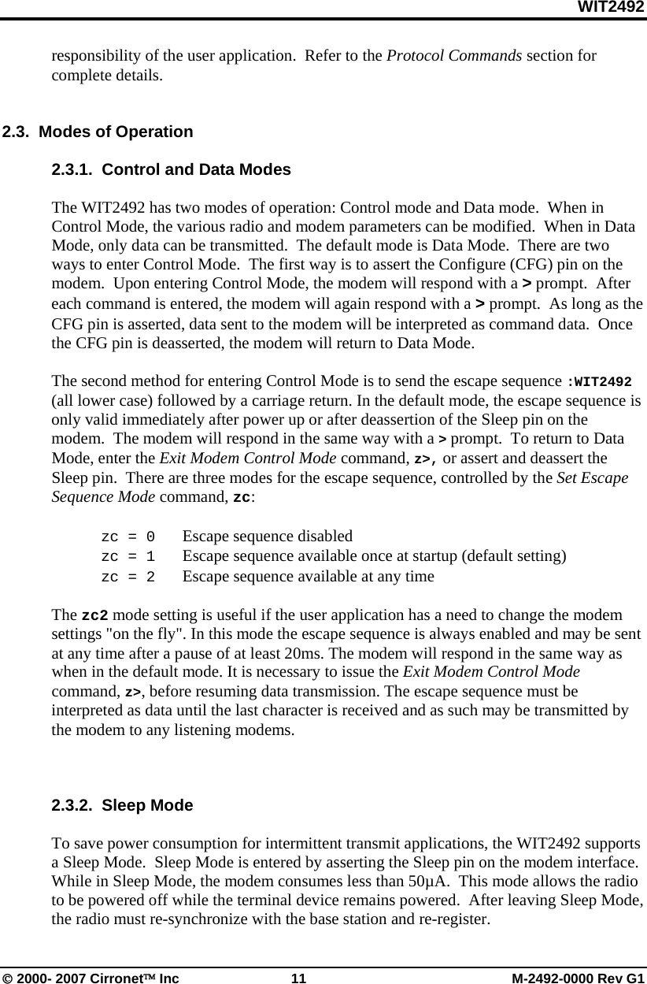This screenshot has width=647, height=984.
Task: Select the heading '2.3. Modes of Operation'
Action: point(98,132)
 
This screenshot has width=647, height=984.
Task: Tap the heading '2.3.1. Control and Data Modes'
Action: point(171,169)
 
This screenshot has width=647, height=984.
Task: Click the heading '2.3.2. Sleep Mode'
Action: point(122,805)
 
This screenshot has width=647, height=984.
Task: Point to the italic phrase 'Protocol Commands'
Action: point(454,57)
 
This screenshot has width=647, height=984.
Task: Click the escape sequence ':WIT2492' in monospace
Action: point(599,382)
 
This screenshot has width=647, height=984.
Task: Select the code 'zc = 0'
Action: point(128,537)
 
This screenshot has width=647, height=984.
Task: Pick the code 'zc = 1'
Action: point(128,556)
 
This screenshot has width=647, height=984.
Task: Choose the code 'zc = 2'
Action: point(128,577)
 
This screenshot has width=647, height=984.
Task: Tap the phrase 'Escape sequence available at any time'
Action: point(308,577)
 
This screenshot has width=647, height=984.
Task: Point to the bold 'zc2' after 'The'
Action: point(95,615)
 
